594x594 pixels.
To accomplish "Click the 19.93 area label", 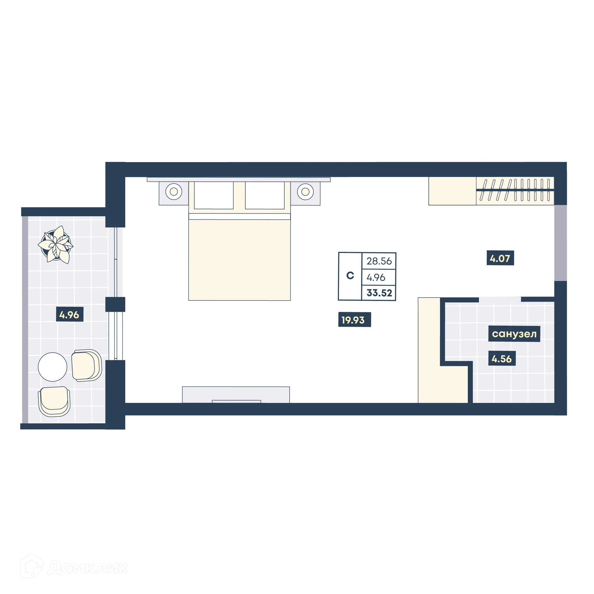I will (x=354, y=320).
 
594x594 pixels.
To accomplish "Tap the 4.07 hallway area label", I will (x=500, y=258).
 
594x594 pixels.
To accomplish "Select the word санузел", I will (x=514, y=334).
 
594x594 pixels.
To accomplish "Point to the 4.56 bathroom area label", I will (x=501, y=359).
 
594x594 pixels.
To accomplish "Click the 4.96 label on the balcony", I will (x=69, y=315).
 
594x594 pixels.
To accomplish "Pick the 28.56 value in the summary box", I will (x=379, y=261).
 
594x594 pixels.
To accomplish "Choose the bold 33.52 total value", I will (x=379, y=293).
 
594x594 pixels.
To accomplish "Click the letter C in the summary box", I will (x=350, y=275).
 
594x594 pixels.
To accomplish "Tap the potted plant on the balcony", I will (x=56, y=245).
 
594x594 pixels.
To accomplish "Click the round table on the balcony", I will (x=53, y=367).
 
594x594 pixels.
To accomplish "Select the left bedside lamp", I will (x=174, y=192).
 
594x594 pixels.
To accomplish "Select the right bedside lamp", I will (x=305, y=192).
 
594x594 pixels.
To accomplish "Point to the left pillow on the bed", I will (x=213, y=195).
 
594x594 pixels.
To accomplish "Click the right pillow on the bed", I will (x=265, y=195).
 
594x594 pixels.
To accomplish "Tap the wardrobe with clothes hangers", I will (x=514, y=191).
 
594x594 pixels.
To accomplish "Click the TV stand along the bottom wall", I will (x=236, y=394).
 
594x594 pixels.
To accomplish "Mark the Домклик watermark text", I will (x=88, y=568).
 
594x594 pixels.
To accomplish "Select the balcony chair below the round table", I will (x=54, y=401).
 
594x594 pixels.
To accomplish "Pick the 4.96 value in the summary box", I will (x=376, y=277).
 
